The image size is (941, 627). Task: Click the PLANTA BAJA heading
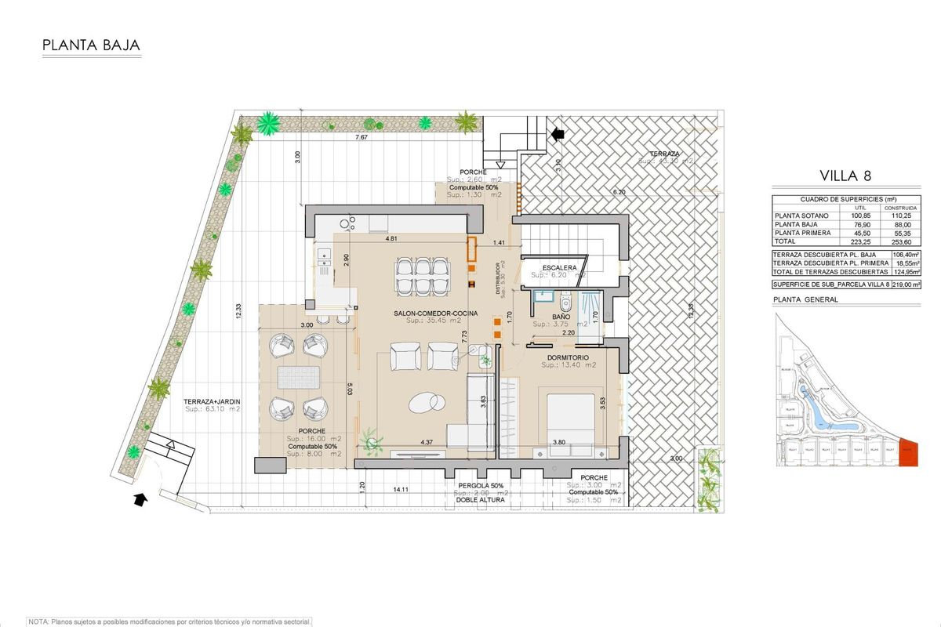[91, 45]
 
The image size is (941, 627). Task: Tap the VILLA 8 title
[845, 175]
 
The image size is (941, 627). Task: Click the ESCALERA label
[554, 268]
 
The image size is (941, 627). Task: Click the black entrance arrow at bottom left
[140, 498]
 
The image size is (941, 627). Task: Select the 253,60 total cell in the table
[901, 242]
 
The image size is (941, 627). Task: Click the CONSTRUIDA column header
[901, 208]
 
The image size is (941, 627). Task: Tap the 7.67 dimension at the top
[361, 138]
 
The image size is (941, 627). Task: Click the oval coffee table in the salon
[424, 401]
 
